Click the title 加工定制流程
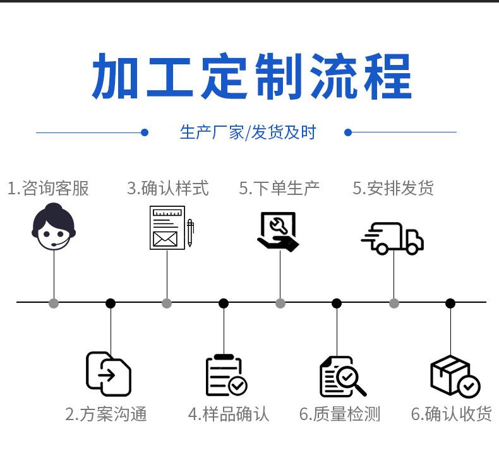pos(252,76)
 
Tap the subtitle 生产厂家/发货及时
pos(248,132)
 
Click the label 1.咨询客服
pos(48,188)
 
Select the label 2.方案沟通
pos(106,414)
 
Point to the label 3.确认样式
pos(168,188)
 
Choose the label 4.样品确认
pos(229,414)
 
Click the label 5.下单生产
pos(279,188)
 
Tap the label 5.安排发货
pos(393,188)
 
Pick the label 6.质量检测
pos(340,414)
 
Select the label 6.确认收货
pos(451,414)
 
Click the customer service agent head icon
pos(54,226)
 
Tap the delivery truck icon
pos(392,238)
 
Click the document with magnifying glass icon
pos(343,377)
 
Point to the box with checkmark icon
pos(455,377)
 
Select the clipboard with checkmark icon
pos(226,375)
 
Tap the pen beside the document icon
pos(190,233)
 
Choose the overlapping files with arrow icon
pos(109,374)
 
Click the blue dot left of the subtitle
pos(145,132)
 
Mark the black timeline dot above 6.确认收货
pos(450,303)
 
